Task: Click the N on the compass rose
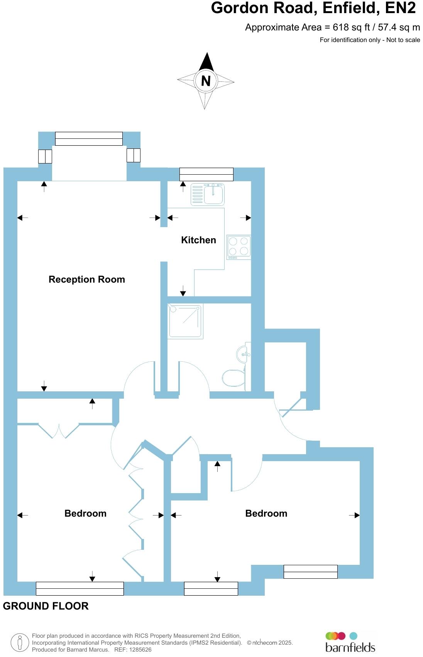pos(206,81)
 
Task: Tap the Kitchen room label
pos(198,240)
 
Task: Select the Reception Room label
pos(87,280)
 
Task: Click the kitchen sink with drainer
pos(208,194)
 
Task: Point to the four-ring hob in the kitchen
pos(239,247)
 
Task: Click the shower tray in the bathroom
pos(185,321)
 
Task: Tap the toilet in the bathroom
pos(234,378)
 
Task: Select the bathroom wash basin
pos(243,354)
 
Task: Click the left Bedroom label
pos(85,514)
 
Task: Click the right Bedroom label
pos(266,514)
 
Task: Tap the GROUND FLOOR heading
pos(46,606)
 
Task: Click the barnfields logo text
pos(350,647)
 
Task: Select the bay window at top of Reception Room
pos(89,139)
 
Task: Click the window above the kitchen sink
pos(206,174)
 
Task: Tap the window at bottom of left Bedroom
pos(80,589)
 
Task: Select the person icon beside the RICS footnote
pos(20,643)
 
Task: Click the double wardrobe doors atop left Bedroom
pos(59,431)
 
